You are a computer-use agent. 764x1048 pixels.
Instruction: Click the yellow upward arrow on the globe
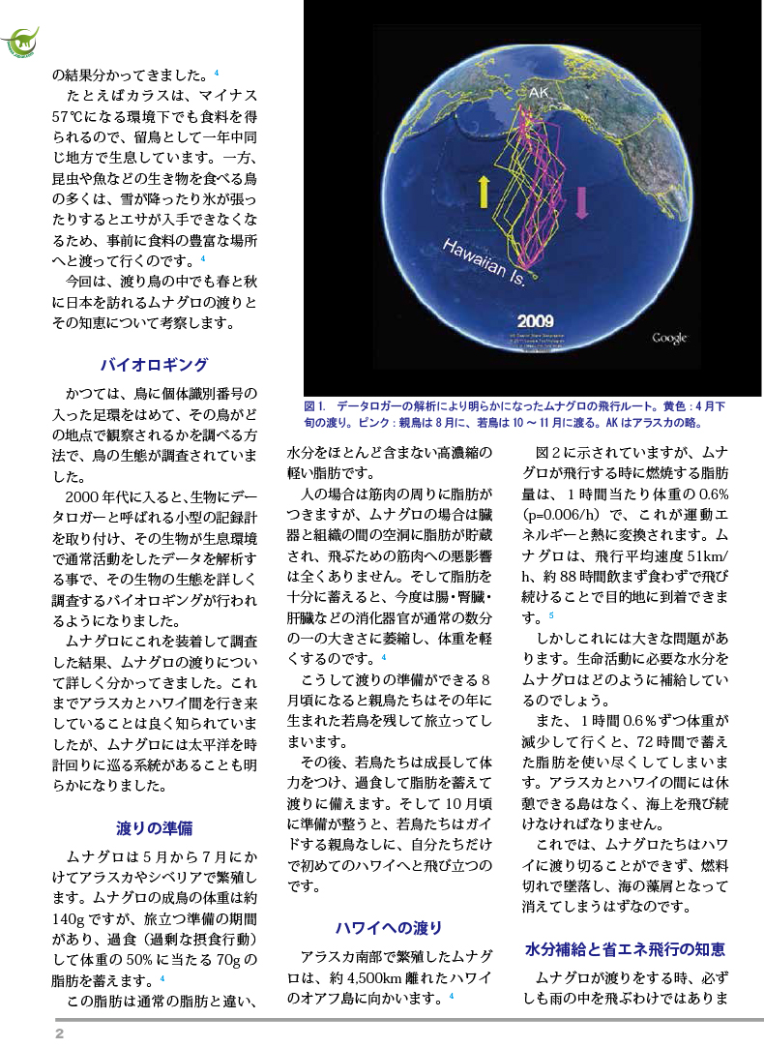click(485, 193)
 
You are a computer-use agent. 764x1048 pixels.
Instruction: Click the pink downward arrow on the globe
click(582, 201)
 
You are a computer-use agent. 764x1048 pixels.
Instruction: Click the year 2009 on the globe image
click(535, 320)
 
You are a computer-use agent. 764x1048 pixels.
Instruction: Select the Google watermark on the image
click(669, 338)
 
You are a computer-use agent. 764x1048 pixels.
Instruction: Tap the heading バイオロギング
click(155, 365)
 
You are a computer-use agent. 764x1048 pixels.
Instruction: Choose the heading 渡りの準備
click(155, 827)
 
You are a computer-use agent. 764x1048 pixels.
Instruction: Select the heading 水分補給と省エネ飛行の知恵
click(625, 949)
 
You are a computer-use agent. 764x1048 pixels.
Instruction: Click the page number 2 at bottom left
click(59, 1033)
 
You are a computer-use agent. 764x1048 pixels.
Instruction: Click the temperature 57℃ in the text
click(75, 117)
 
